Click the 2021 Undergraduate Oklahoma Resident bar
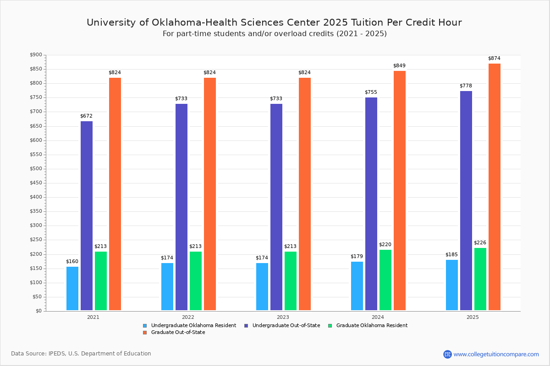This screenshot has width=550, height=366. (72, 288)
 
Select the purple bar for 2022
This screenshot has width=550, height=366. (181, 207)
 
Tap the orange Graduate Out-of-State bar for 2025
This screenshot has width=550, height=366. (495, 187)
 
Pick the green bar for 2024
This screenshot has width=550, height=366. (385, 280)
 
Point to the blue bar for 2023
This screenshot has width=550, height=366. (262, 286)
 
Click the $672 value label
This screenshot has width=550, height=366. (87, 116)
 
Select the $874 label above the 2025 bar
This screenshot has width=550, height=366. (495, 59)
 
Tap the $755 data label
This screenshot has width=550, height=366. (371, 92)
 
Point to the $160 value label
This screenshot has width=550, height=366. (72, 262)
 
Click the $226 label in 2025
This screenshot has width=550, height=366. (480, 243)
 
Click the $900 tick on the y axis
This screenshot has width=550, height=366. (36, 55)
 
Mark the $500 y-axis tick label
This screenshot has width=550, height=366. (36, 169)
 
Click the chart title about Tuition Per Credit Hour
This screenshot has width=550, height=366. (274, 23)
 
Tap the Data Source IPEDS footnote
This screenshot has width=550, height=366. (81, 354)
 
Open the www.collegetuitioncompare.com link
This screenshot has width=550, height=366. (496, 354)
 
